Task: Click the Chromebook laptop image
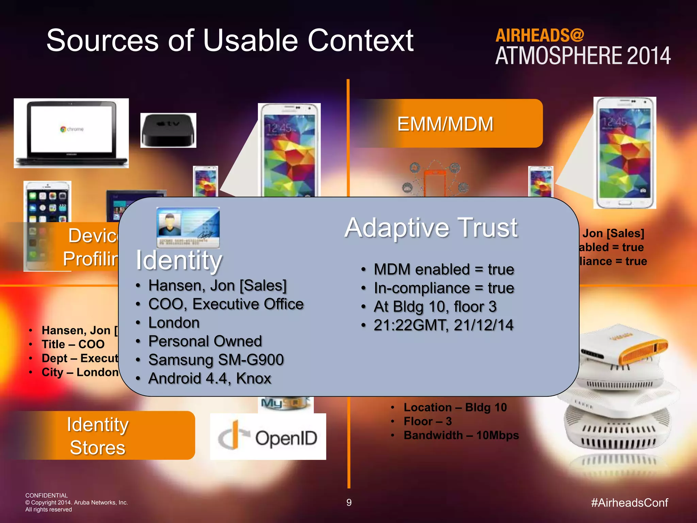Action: tap(71, 133)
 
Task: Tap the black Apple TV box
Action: tap(168, 130)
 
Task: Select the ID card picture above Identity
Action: tap(188, 227)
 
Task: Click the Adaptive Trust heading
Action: tap(431, 227)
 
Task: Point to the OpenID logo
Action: tap(268, 438)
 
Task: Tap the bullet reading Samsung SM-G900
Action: tap(216, 360)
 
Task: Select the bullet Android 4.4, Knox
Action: tap(210, 378)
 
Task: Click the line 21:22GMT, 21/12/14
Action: tap(443, 325)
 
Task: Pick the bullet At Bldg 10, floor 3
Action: tap(435, 306)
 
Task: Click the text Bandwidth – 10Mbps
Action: tap(461, 435)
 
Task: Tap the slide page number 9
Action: tap(349, 503)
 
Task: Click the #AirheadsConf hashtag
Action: tap(629, 503)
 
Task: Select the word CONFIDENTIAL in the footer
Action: tap(47, 495)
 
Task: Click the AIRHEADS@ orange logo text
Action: tap(539, 35)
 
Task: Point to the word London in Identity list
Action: tap(174, 322)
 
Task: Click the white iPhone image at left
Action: tap(47, 204)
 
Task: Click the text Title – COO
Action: tap(73, 344)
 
